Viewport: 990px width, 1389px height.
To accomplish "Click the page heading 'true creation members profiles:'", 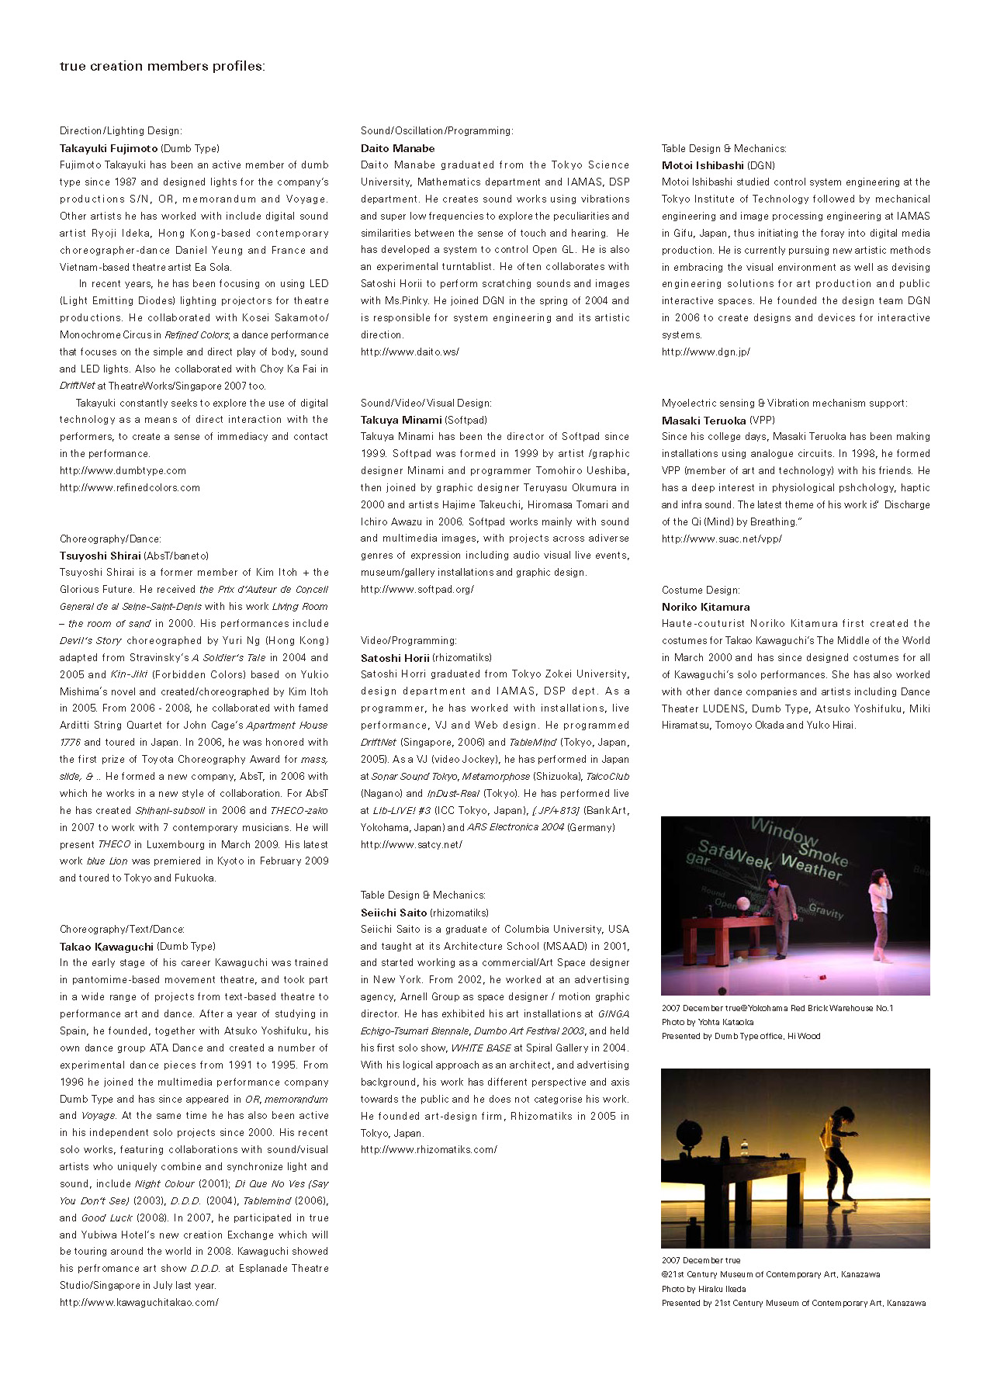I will pyautogui.click(x=162, y=67).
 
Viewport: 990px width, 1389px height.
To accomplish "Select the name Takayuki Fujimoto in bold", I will pyautogui.click(x=109, y=148).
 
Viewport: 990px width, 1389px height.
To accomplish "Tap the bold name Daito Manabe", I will pyautogui.click(x=397, y=148).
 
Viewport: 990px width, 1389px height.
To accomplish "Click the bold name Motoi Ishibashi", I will pyautogui.click(x=703, y=165).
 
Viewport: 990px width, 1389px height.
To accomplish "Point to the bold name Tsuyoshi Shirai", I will pyautogui.click(x=101, y=556).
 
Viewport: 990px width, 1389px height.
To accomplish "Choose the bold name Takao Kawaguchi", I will pyautogui.click(x=106, y=947).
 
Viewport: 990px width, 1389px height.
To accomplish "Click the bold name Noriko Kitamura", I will pyautogui.click(x=705, y=607).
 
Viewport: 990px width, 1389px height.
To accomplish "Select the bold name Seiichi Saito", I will pyautogui.click(x=393, y=913).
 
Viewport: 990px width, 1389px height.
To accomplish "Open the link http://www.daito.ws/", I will pyautogui.click(x=410, y=352).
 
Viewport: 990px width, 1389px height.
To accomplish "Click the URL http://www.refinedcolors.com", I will pyautogui.click(x=130, y=488).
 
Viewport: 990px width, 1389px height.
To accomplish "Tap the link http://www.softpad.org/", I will pyautogui.click(x=417, y=589).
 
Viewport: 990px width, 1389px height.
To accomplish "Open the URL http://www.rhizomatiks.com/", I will pyautogui.click(x=428, y=1149).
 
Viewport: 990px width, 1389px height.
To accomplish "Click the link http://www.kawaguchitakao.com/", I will pyautogui.click(x=139, y=1302).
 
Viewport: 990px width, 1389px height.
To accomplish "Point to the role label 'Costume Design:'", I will pyautogui.click(x=701, y=590).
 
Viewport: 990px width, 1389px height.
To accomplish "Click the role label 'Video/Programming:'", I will pyautogui.click(x=408, y=640).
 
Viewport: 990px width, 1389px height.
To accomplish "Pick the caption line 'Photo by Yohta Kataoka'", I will pyautogui.click(x=707, y=1022).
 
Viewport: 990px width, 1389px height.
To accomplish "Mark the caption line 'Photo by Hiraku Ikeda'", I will pyautogui.click(x=704, y=1289).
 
